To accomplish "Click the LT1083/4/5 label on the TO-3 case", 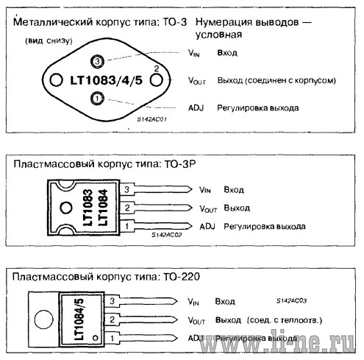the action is [x=106, y=80].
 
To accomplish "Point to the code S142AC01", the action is [x=152, y=119].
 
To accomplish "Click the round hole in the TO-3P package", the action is [x=66, y=208].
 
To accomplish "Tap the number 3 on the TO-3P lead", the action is [x=126, y=189].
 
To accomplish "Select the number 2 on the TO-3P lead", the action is [x=127, y=208].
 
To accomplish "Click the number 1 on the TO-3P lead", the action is [x=126, y=226].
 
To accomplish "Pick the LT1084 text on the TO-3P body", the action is [x=102, y=208].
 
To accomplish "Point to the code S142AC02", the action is [x=167, y=235].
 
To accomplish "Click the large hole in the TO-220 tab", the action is [x=44, y=320].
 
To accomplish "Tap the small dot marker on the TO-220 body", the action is [x=96, y=338].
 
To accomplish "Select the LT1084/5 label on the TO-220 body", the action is [x=79, y=320].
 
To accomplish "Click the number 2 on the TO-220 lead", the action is [x=112, y=320].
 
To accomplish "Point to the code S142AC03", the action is [x=291, y=300].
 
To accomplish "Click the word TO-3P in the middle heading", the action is [x=180, y=164].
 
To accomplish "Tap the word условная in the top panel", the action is [x=218, y=35].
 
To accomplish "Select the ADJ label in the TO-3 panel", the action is [x=196, y=108].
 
